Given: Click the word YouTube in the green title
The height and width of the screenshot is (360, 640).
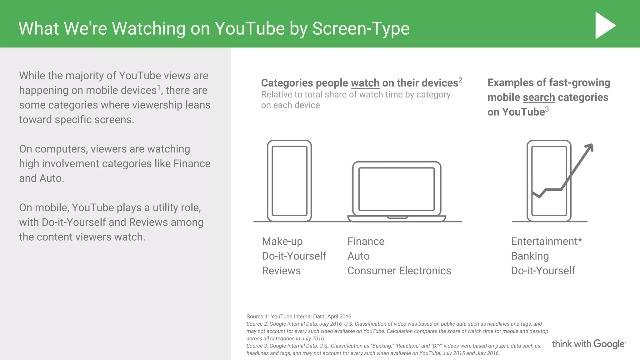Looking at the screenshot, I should click(x=250, y=28).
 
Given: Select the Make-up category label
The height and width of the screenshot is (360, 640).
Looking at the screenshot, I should click(x=282, y=242).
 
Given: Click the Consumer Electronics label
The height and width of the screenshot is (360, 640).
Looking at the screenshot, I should click(x=399, y=271).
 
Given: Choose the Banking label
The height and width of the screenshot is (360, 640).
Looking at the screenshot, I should click(x=530, y=256).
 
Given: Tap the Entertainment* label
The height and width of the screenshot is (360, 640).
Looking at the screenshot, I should click(x=546, y=242).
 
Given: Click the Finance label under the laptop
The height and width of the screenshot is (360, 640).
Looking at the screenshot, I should click(x=366, y=242).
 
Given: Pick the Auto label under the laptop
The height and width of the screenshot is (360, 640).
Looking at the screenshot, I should click(x=358, y=256).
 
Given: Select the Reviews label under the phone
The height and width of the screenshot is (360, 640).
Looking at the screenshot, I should click(x=281, y=271).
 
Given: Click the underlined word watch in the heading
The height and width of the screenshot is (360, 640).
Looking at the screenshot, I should click(x=365, y=83).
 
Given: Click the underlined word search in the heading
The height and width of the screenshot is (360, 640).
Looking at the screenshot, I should click(x=539, y=97).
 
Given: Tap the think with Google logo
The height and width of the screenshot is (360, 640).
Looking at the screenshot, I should click(x=588, y=344).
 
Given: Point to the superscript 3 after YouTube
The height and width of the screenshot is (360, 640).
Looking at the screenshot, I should click(x=547, y=109).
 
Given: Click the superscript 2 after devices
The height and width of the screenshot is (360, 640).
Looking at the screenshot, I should click(x=460, y=80).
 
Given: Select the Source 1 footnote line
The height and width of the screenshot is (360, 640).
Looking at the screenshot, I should click(x=299, y=317).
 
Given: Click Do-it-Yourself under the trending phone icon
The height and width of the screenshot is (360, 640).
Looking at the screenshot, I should click(x=543, y=271).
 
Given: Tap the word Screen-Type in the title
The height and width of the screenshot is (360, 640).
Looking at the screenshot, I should click(x=361, y=28).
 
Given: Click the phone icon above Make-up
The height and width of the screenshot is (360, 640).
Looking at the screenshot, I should click(x=289, y=181).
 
